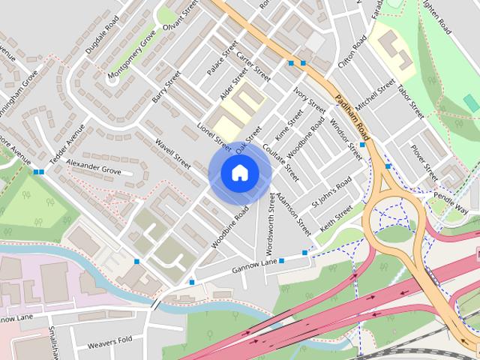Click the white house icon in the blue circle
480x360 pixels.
coord(239,173)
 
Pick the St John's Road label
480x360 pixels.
coord(331,193)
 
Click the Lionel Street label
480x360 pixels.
coord(214,132)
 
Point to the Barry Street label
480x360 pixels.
coord(166,87)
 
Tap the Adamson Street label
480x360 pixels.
coord(292,213)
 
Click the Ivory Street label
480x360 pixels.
coord(310,100)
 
